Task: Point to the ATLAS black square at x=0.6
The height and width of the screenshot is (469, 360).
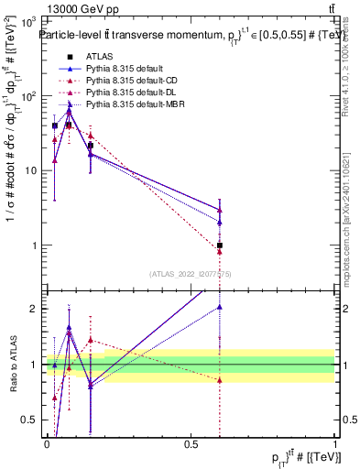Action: point(220,245)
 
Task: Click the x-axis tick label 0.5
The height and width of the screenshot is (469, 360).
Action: point(191,443)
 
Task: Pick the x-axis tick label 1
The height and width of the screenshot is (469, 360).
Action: point(335,443)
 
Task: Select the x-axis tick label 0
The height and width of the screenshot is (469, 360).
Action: point(47,443)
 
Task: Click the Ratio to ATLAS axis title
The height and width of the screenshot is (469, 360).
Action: point(11,365)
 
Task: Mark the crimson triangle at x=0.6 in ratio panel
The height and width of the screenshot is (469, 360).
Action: point(220,379)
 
